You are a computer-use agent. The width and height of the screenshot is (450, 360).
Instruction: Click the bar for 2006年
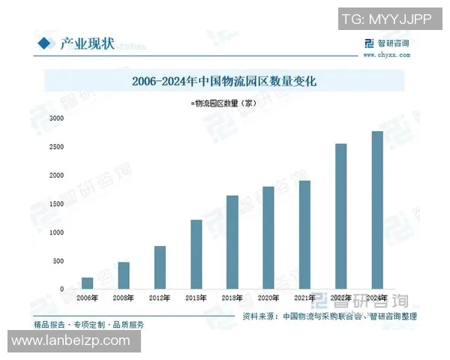[88, 283]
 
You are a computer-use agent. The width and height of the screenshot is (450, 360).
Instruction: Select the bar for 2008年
[124, 275]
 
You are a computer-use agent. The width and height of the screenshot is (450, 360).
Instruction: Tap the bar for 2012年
[160, 268]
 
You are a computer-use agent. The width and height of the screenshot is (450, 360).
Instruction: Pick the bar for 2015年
[196, 254]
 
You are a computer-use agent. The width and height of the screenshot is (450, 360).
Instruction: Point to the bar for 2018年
[232, 242]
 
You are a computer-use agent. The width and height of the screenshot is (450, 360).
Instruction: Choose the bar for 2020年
[268, 238]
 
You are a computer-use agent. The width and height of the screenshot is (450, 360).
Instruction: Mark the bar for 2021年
[304, 235]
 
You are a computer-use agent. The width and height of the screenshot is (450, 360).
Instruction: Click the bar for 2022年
[340, 216]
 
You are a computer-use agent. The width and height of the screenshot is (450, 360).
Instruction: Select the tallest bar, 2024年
[377, 210]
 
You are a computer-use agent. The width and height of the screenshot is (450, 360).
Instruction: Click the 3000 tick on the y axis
[55, 118]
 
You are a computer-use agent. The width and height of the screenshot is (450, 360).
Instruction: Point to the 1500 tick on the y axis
[55, 204]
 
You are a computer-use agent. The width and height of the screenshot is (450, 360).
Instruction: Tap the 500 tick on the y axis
[58, 261]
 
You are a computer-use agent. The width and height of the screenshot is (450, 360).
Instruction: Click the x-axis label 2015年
[196, 298]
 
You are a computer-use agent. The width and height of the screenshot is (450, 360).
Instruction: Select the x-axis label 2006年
[88, 298]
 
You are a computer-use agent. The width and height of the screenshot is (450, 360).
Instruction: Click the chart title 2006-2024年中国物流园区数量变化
[224, 80]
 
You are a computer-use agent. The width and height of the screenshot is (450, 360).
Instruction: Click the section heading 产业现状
[87, 43]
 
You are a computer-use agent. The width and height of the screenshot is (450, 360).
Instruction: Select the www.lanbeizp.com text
[71, 340]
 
